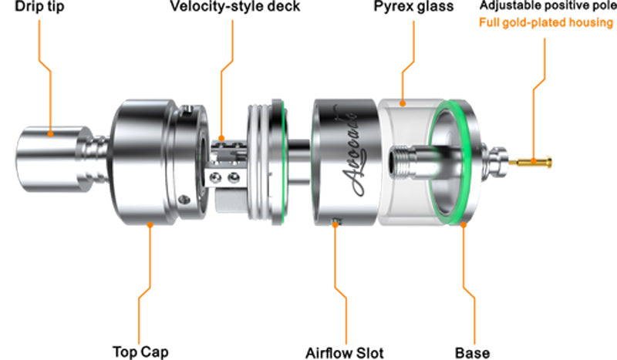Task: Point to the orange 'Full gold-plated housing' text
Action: (545, 22)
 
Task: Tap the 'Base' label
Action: (474, 352)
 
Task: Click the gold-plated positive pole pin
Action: (534, 160)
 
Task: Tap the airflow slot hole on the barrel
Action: (335, 224)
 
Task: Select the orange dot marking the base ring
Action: (464, 224)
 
